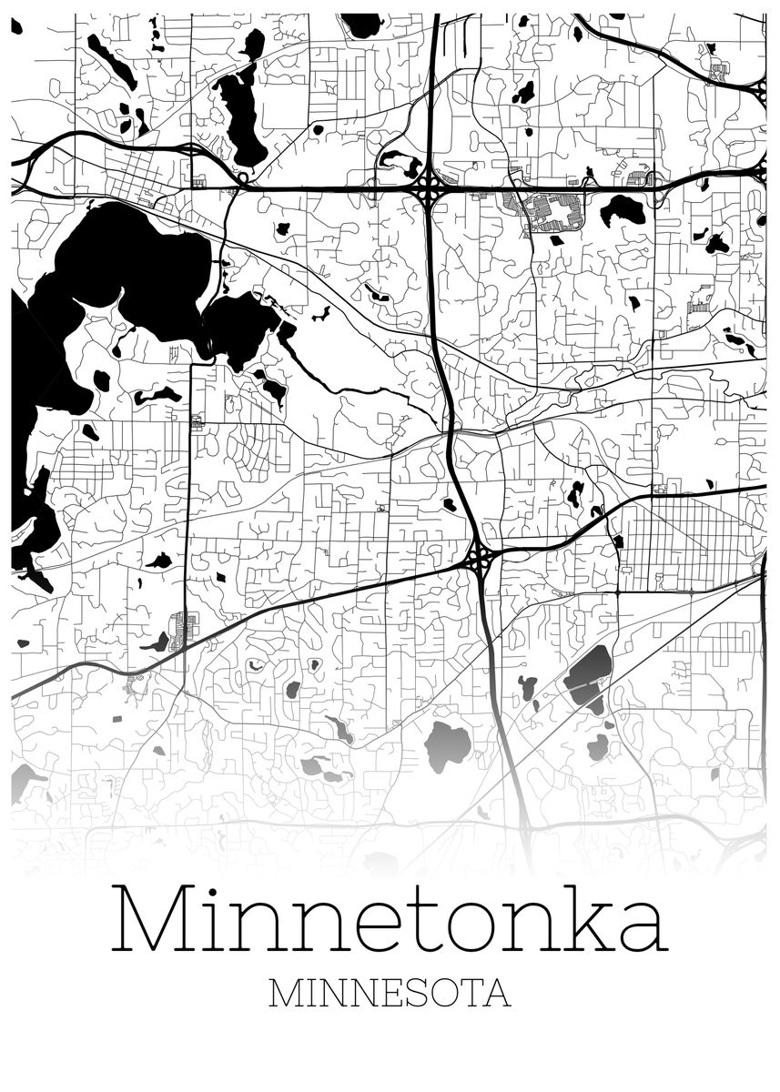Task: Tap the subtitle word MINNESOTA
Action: tap(390, 994)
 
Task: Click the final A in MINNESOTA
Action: tap(496, 994)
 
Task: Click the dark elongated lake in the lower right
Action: tap(590, 677)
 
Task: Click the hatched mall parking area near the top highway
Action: tap(551, 212)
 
